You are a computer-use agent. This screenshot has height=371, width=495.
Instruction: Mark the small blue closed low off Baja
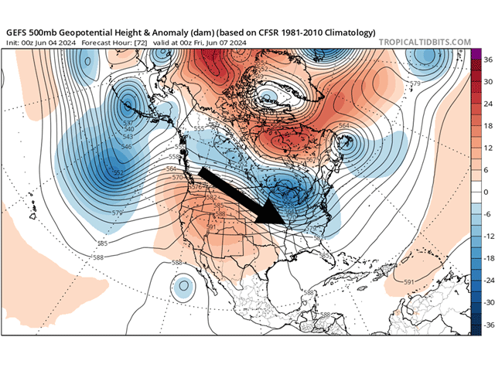tap(183, 288)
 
